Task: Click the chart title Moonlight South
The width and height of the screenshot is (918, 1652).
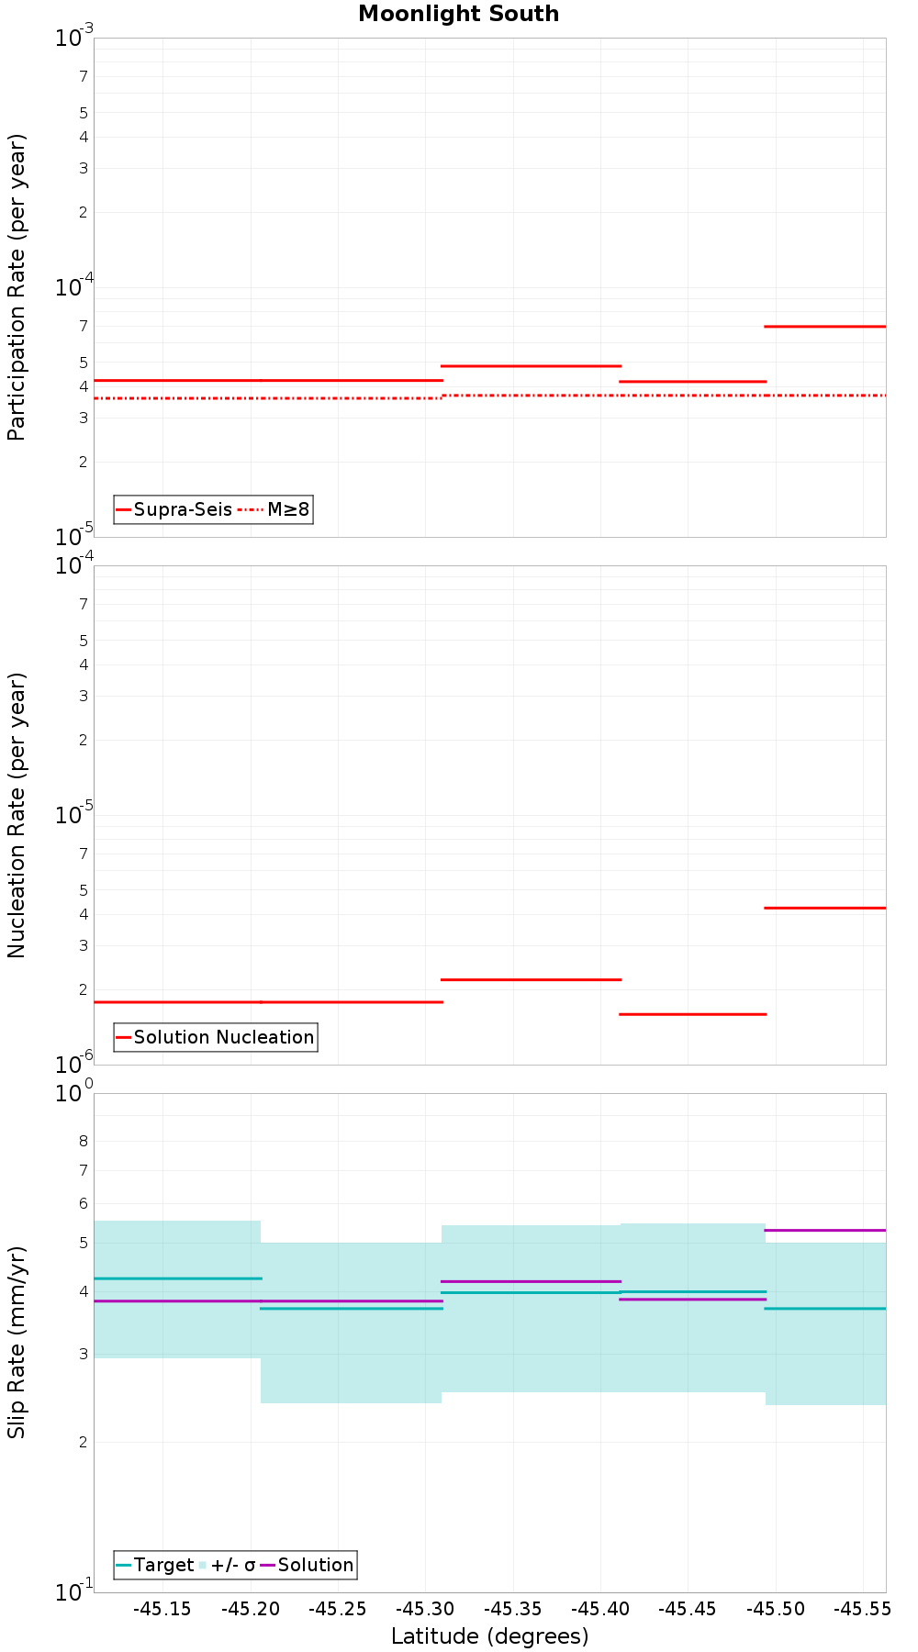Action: click(458, 14)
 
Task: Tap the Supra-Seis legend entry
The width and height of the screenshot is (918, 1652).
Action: click(174, 509)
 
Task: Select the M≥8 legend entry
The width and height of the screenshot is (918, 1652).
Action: click(275, 509)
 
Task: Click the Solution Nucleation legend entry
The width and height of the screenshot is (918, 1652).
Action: click(216, 1037)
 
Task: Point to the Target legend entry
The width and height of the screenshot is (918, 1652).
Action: click(155, 1565)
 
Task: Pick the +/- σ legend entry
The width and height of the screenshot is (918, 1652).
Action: click(227, 1565)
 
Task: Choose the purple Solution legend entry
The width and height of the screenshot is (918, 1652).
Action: click(307, 1565)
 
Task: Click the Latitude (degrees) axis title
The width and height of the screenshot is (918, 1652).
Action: click(489, 1636)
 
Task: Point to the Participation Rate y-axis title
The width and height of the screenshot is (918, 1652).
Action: click(17, 287)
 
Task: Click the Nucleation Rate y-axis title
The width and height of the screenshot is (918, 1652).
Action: click(17, 815)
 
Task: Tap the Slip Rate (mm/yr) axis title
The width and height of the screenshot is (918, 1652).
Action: click(17, 1342)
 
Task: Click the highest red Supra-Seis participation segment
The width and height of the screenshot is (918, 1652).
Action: click(825, 326)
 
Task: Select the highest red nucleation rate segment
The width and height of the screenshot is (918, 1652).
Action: click(825, 908)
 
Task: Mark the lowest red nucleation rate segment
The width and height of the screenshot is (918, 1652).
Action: click(693, 1014)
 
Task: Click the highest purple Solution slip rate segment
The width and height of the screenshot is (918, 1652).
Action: click(825, 1230)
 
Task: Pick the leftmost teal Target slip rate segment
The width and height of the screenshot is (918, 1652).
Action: click(177, 1278)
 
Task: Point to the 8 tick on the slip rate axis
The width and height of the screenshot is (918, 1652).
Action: click(84, 1142)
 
